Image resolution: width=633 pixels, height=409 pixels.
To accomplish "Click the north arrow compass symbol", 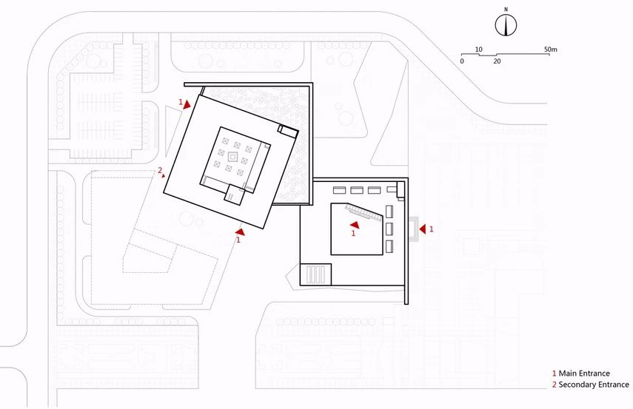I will (506, 25).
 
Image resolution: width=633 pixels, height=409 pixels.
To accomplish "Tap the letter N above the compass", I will (506, 10).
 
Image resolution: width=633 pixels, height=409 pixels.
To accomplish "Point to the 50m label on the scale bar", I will (549, 50).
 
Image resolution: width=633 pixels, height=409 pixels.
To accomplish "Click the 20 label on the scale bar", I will (497, 61).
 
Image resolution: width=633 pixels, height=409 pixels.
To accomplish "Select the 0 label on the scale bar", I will (462, 61).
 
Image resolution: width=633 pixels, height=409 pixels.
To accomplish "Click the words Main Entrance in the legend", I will (584, 373).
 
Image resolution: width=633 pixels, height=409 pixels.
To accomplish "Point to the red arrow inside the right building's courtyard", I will (353, 223).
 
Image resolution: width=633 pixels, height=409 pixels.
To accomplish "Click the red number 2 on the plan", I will (160, 171).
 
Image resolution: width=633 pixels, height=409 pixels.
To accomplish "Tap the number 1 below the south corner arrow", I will (238, 240).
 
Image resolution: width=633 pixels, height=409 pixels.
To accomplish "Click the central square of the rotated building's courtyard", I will (232, 158).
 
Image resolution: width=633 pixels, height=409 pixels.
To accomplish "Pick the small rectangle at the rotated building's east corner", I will (288, 132).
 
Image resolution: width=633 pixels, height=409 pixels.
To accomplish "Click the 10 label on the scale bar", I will (479, 50).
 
